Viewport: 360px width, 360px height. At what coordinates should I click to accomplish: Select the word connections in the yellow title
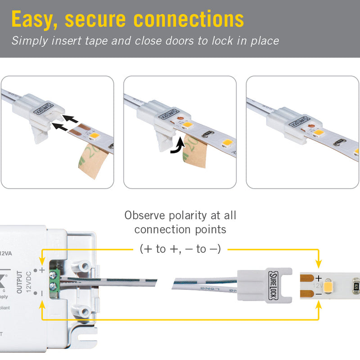[189, 19]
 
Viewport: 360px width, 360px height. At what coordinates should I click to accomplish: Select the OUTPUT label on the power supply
[19, 282]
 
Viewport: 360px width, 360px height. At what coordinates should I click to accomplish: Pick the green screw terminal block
[54, 282]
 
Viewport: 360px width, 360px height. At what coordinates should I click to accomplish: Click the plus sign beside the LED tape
[319, 278]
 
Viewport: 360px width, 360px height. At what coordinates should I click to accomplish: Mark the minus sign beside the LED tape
[319, 294]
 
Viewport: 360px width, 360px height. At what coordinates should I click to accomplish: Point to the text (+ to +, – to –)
[180, 248]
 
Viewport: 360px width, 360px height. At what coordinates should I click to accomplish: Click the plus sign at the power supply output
[42, 270]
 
